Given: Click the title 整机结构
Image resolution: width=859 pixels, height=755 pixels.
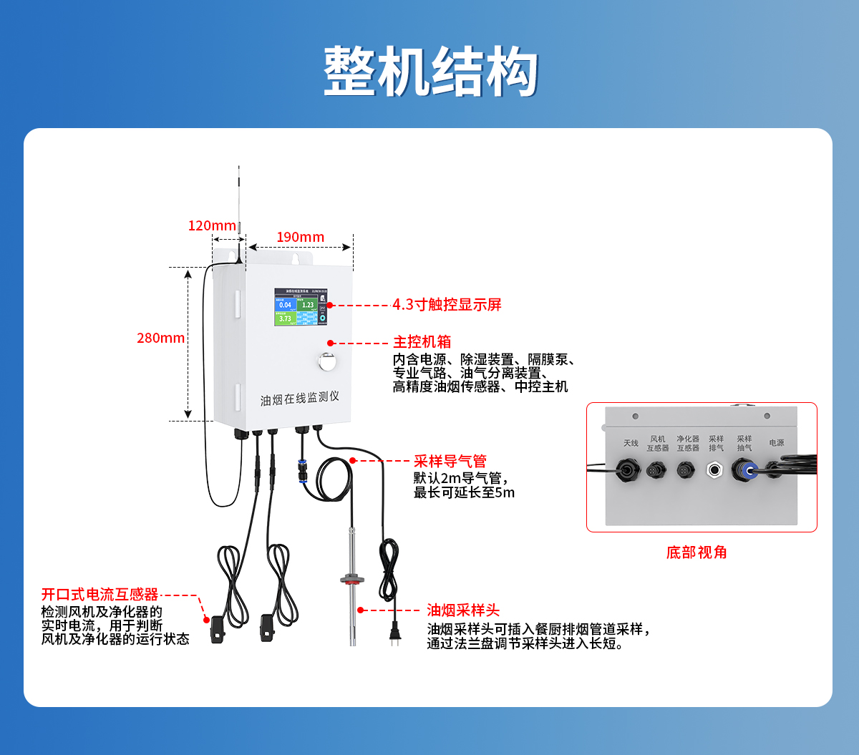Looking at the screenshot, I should coord(430,72).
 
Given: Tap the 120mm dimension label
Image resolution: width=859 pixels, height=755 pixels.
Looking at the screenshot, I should coord(212,226).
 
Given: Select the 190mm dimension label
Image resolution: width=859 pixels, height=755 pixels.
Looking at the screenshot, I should coord(301,237).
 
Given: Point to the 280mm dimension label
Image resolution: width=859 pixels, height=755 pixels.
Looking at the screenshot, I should coord(161,338).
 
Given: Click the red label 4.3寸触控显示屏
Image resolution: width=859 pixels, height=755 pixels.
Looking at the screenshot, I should coord(447,305).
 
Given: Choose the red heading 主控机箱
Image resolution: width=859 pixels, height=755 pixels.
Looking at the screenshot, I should coord(422,342).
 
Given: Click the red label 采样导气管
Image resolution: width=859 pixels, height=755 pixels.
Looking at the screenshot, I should coord(450,462).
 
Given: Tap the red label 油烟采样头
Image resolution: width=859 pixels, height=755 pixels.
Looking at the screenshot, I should coord(463,610).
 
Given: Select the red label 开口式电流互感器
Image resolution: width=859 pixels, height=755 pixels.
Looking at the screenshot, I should coord(100,595).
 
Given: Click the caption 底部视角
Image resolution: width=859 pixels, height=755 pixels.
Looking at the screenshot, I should coord(697,552).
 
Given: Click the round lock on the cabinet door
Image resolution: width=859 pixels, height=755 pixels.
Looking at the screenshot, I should coord(326,361).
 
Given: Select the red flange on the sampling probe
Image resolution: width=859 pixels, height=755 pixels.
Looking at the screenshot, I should coord(351,578).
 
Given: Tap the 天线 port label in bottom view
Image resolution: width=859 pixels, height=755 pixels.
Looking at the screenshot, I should coord(631,444).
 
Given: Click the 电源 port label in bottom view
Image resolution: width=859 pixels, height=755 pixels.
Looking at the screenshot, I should coord(777,443).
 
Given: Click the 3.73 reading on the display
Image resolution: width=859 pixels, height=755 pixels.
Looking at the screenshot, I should coord(285,318).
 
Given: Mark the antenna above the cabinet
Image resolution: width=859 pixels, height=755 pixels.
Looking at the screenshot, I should coord(239,208).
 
